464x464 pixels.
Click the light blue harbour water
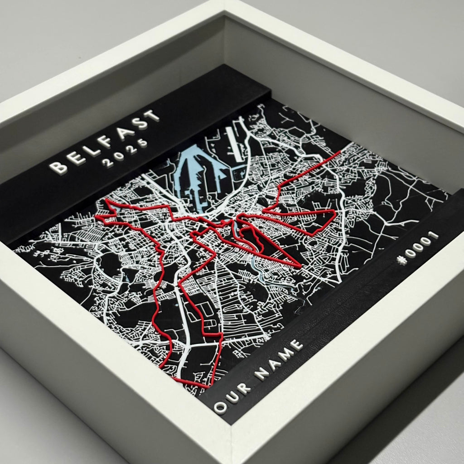pos(199,172)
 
